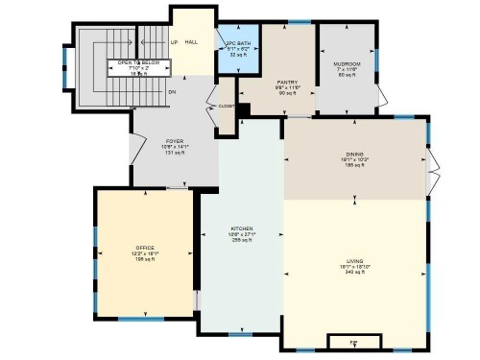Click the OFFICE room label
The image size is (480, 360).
point(144,248)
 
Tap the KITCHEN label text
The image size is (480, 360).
point(241,228)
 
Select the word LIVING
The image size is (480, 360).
point(356,261)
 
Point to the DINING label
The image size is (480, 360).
point(356,154)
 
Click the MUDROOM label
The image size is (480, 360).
point(347,63)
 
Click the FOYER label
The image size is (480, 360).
point(175,141)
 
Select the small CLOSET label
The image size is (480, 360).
point(227,107)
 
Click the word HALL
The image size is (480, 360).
point(192,43)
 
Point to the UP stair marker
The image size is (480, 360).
point(174,43)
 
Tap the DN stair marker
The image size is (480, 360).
point(172,92)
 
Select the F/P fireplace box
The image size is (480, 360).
point(353,342)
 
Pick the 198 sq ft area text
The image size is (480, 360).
point(144,259)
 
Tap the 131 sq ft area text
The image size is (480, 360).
point(175,153)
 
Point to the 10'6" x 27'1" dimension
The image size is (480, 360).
point(241,234)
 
